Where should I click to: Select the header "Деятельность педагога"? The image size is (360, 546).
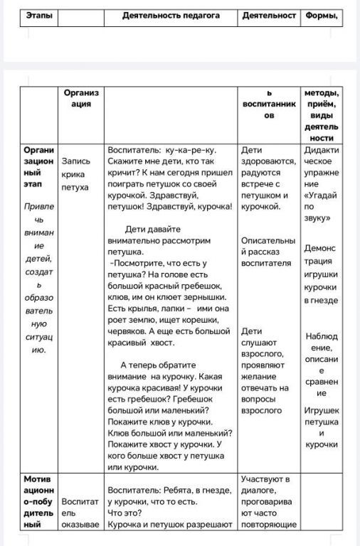[x=170, y=16]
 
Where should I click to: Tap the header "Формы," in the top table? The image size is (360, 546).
[x=321, y=16]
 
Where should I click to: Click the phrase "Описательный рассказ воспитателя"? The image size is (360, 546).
[x=266, y=252]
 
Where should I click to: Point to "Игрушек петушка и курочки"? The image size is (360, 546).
[x=321, y=427]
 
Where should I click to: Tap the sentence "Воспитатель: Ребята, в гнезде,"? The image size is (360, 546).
[x=169, y=490]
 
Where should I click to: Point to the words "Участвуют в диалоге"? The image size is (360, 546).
[x=265, y=484]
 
